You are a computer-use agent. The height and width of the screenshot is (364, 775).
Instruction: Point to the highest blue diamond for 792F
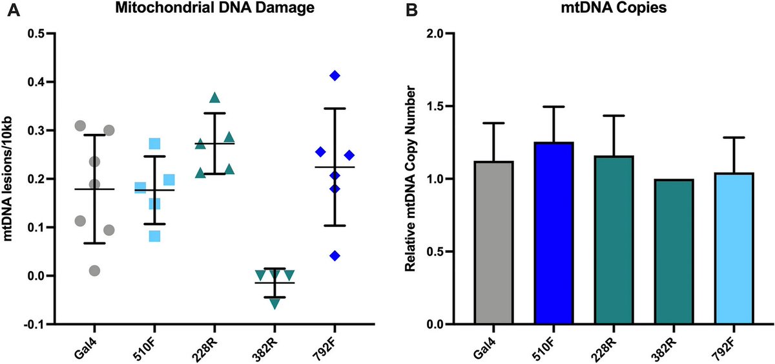335,76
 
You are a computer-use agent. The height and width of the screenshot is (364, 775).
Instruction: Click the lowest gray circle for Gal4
95,270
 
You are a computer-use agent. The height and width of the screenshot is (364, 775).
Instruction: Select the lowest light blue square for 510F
154,236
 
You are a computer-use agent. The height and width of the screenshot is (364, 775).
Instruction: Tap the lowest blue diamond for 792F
335,255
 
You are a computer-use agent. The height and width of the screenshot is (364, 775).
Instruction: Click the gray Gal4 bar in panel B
493,242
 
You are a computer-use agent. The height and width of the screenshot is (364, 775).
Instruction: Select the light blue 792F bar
734,248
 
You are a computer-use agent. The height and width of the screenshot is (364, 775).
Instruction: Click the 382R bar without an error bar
674,252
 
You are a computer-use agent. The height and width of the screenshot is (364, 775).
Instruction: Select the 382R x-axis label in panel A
267,345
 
